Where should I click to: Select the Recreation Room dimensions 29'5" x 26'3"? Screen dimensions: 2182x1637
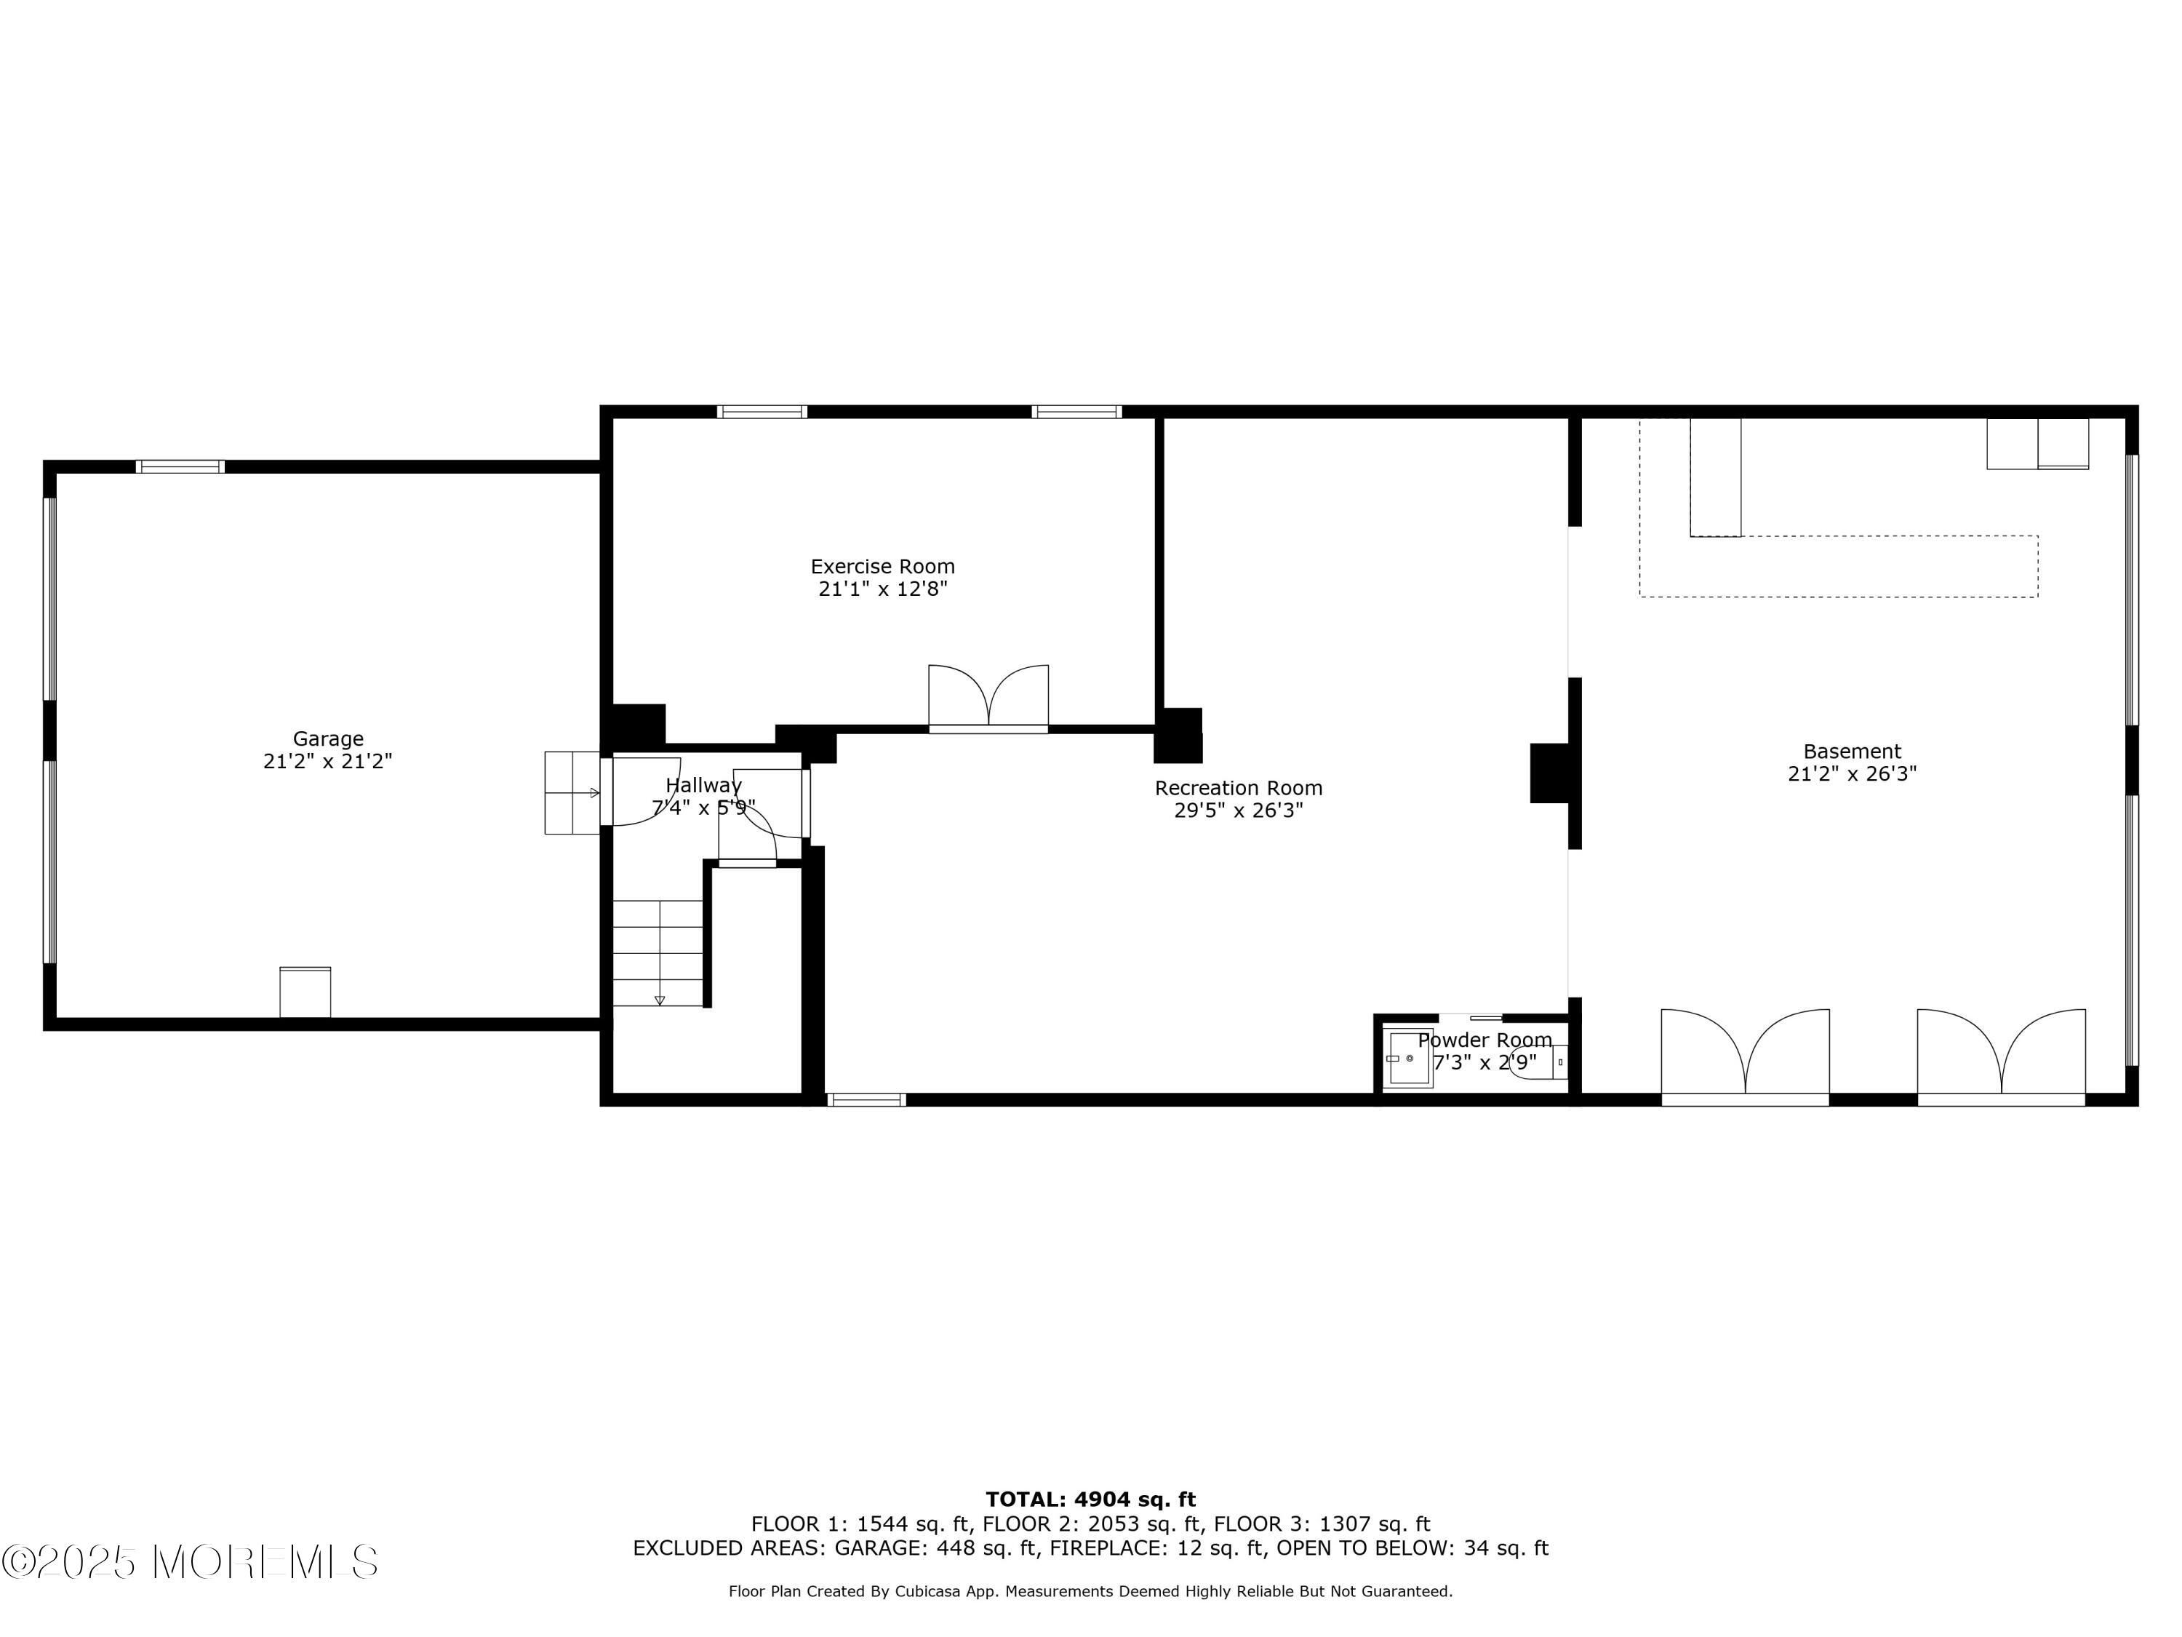1238,810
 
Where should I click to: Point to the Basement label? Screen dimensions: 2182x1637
1852,751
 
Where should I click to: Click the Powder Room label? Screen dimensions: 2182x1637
1484,1040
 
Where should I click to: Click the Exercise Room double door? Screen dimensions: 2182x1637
988,698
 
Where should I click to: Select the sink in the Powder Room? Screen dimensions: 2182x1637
1410,1058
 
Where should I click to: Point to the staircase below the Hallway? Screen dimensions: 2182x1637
658,953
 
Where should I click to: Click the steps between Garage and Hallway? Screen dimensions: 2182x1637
572,792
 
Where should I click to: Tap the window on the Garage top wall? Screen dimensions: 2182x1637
180,467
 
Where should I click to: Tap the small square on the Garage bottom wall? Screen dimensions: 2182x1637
305,992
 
